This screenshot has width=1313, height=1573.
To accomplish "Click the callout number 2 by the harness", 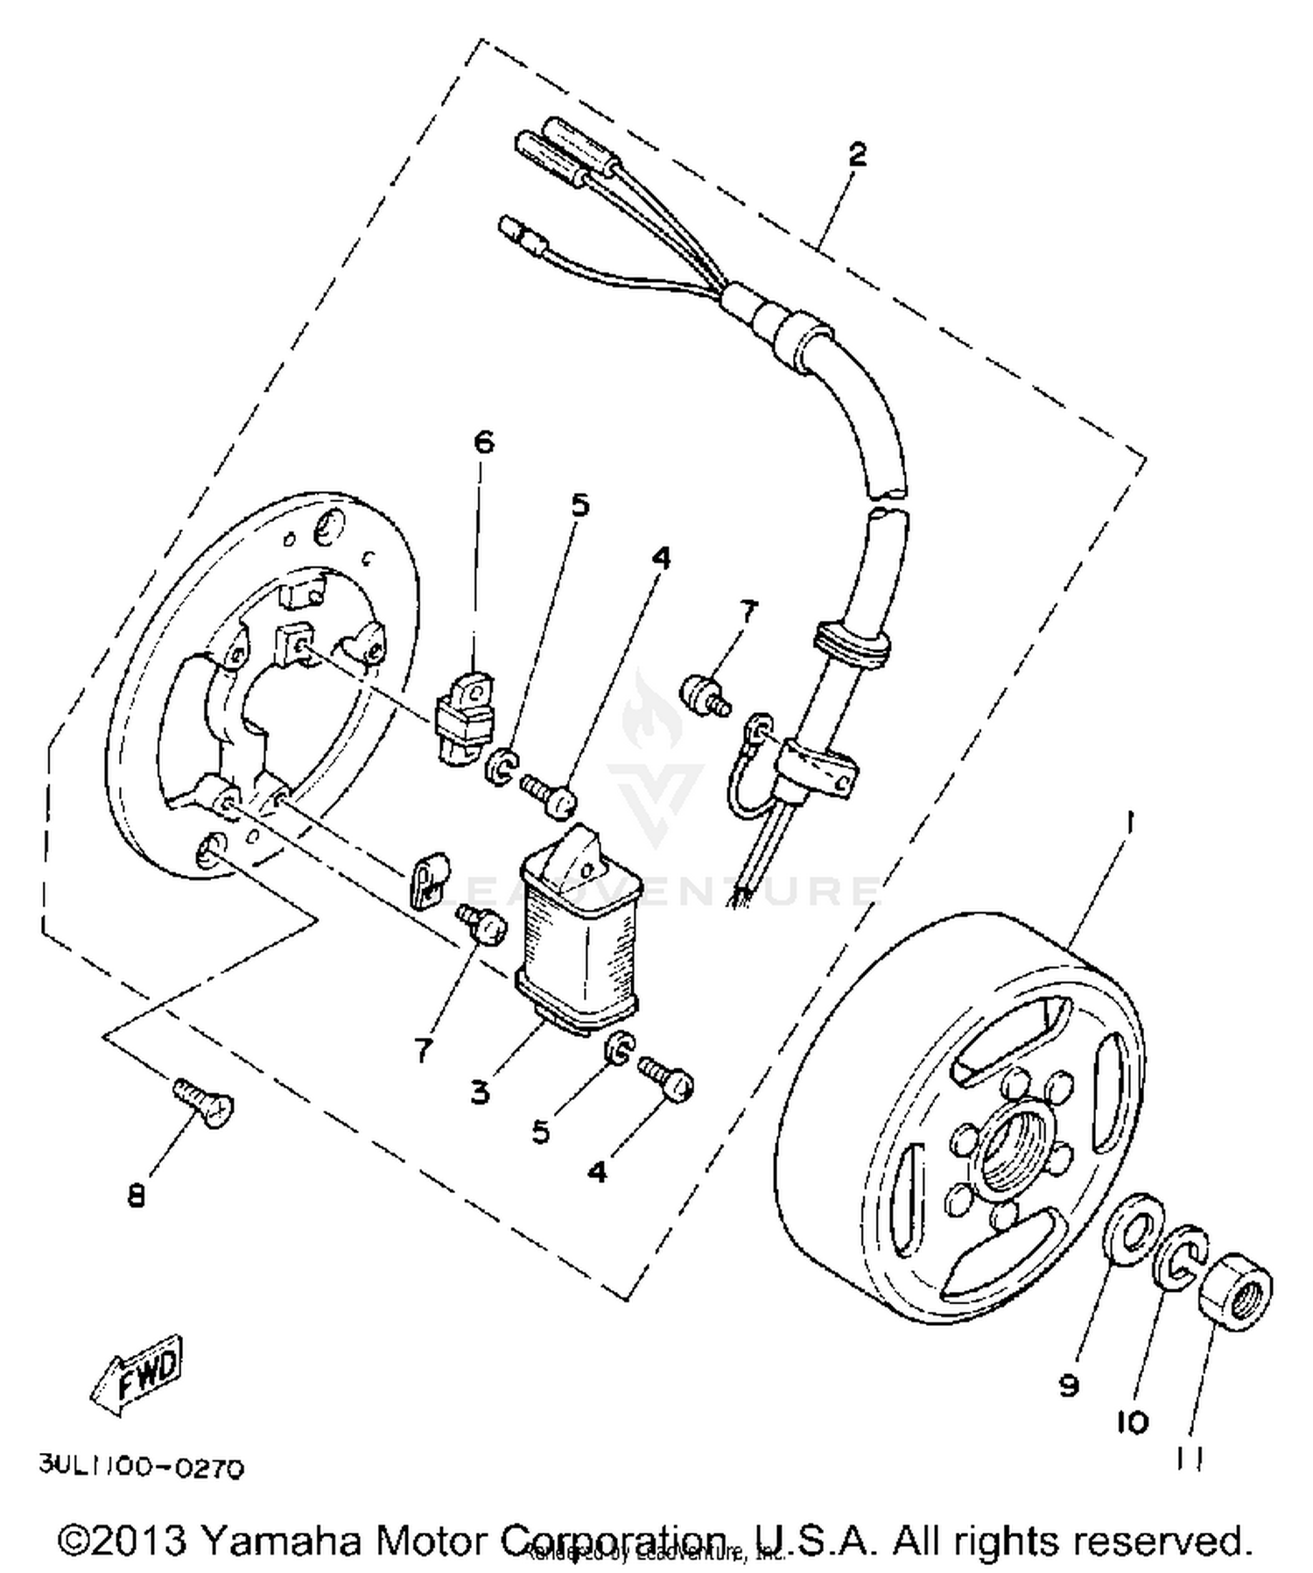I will (857, 155).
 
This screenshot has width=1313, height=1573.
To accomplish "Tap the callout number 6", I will (483, 441).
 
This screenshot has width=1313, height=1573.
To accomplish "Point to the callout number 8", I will (137, 1196).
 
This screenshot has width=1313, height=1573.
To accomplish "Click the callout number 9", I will (1069, 1386).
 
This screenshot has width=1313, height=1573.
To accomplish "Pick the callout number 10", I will (1133, 1423).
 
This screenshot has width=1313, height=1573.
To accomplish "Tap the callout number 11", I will (1190, 1457).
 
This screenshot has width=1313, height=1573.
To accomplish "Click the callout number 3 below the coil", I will (480, 1091).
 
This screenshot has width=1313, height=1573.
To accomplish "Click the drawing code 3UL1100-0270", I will (140, 1467).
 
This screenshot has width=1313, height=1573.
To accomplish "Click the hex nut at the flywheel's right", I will (1235, 1288).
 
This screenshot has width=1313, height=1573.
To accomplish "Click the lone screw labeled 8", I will (203, 1098).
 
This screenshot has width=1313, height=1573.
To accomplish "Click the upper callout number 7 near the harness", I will (747, 611).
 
